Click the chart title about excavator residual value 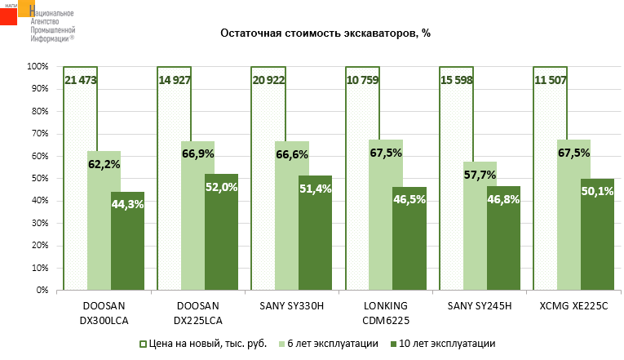point(325,33)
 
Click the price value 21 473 point(81,79)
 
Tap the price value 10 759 point(362,79)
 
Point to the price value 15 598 point(456,79)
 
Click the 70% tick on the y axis point(39,133)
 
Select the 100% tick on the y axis point(38,66)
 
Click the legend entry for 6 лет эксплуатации point(333,344)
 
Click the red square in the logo point(8,16)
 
